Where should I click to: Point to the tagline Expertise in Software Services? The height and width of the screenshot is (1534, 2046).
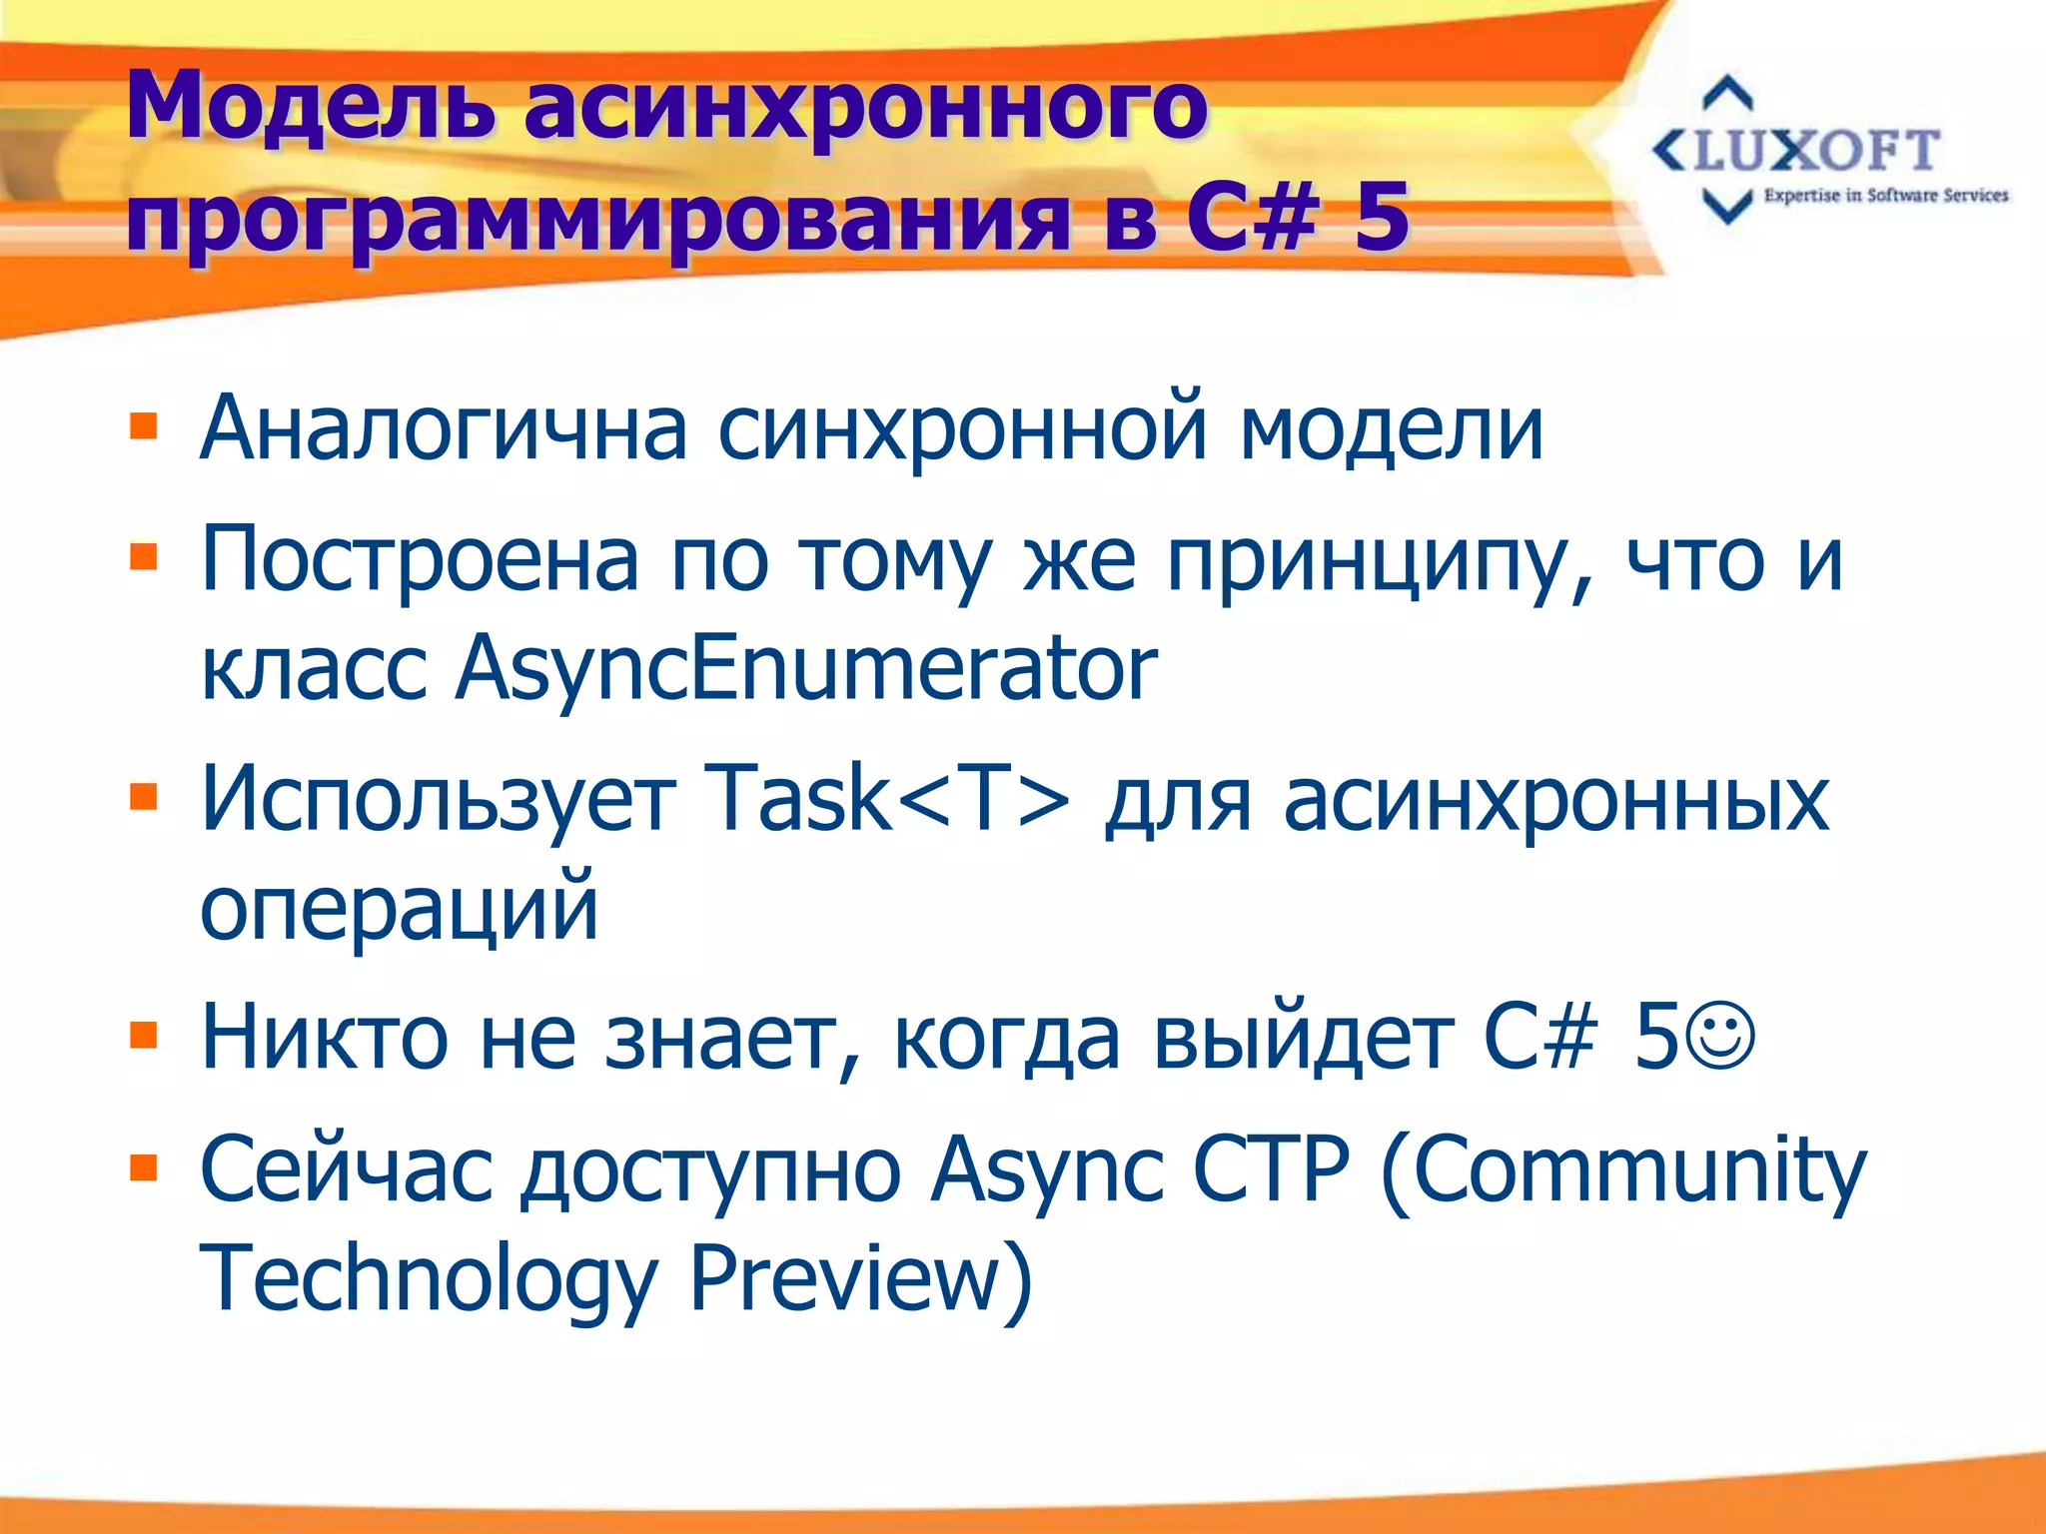pyautogui.click(x=1885, y=196)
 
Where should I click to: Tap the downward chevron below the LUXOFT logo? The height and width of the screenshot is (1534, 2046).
pyautogui.click(x=1727, y=207)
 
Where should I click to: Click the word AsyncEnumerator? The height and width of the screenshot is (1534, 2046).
pyautogui.click(x=805, y=667)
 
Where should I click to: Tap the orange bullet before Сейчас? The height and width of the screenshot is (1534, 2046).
pyautogui.click(x=144, y=1166)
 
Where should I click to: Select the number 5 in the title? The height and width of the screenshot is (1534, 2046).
pyautogui.click(x=1382, y=216)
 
